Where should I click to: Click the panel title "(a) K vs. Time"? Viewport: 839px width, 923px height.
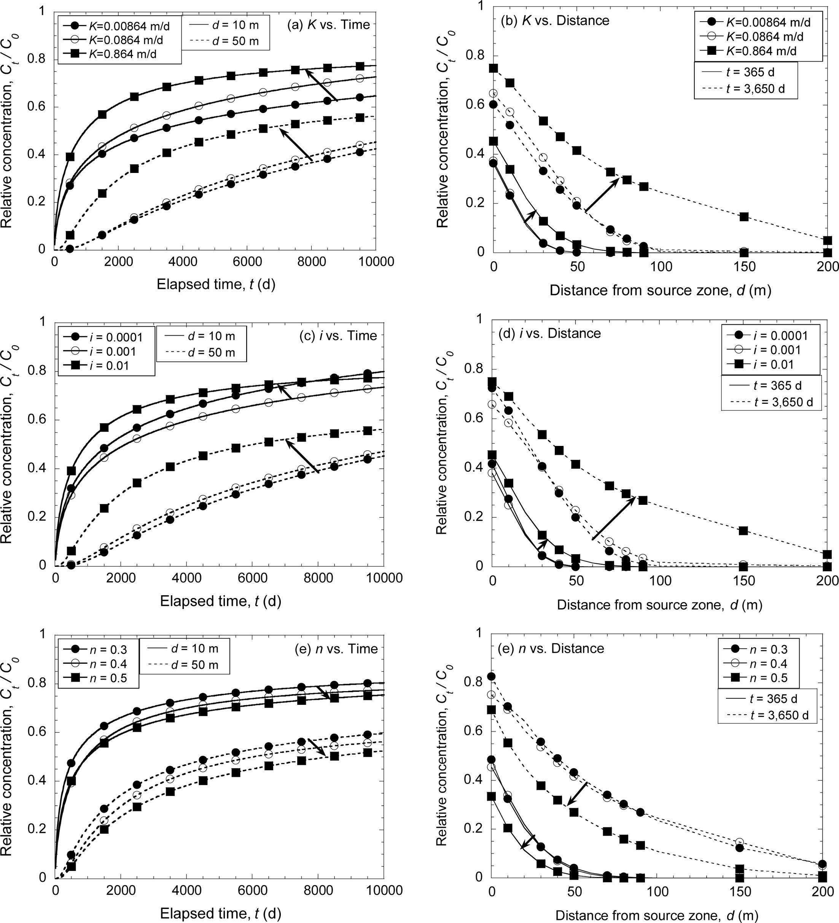tap(328, 25)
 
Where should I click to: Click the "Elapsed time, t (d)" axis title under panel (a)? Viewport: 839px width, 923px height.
tap(216, 285)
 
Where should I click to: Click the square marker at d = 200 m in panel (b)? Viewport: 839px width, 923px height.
tap(828, 241)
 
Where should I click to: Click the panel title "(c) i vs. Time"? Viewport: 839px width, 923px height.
tap(338, 336)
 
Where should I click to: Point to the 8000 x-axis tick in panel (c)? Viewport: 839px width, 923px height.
tap(318, 578)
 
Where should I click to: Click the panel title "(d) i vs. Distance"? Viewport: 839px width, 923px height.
tap(549, 333)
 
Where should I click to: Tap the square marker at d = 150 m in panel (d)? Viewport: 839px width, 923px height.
tap(743, 531)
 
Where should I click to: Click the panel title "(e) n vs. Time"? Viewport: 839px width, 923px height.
tap(338, 649)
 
